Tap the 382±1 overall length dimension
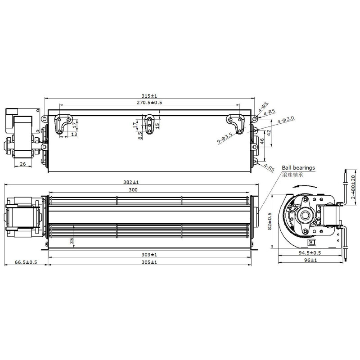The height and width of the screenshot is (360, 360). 131,182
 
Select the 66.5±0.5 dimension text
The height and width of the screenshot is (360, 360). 26,262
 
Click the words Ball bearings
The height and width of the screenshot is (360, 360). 298,167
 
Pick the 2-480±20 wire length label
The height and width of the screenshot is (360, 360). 354,186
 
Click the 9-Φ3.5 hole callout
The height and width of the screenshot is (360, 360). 225,137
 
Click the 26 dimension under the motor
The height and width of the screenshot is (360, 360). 22,164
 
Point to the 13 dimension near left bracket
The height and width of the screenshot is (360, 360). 74,134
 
